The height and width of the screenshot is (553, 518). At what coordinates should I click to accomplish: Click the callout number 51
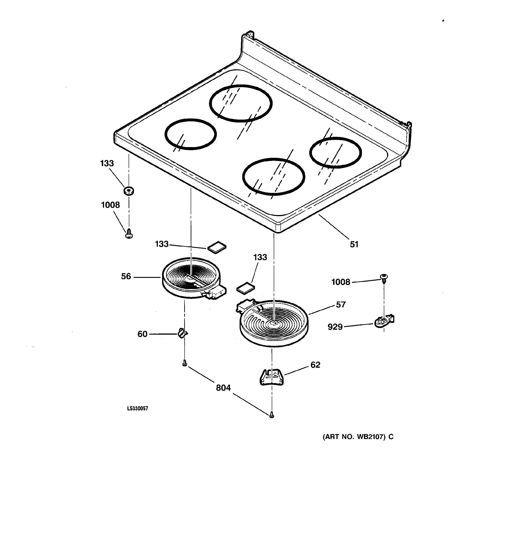tap(354, 244)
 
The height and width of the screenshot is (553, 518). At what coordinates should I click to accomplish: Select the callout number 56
tap(126, 276)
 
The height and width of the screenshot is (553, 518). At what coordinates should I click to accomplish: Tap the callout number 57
tap(341, 305)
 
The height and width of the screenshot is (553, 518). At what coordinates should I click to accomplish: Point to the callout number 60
tap(142, 334)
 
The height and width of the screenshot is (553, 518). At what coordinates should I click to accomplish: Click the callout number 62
tap(315, 365)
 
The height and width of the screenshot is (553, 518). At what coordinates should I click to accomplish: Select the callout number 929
tap(335, 327)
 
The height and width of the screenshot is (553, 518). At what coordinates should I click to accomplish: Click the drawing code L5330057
tap(138, 408)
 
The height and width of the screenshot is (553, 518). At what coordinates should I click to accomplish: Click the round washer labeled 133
tap(129, 191)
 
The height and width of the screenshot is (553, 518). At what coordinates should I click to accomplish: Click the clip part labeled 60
tap(182, 333)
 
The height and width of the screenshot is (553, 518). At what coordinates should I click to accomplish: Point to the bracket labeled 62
tap(272, 377)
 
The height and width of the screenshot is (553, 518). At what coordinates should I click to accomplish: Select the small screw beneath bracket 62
tap(272, 415)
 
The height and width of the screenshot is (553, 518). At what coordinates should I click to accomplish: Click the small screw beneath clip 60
tap(184, 363)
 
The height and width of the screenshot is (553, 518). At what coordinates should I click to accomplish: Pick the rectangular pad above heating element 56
tap(217, 247)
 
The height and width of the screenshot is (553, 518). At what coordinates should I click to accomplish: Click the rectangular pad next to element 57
tap(245, 288)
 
